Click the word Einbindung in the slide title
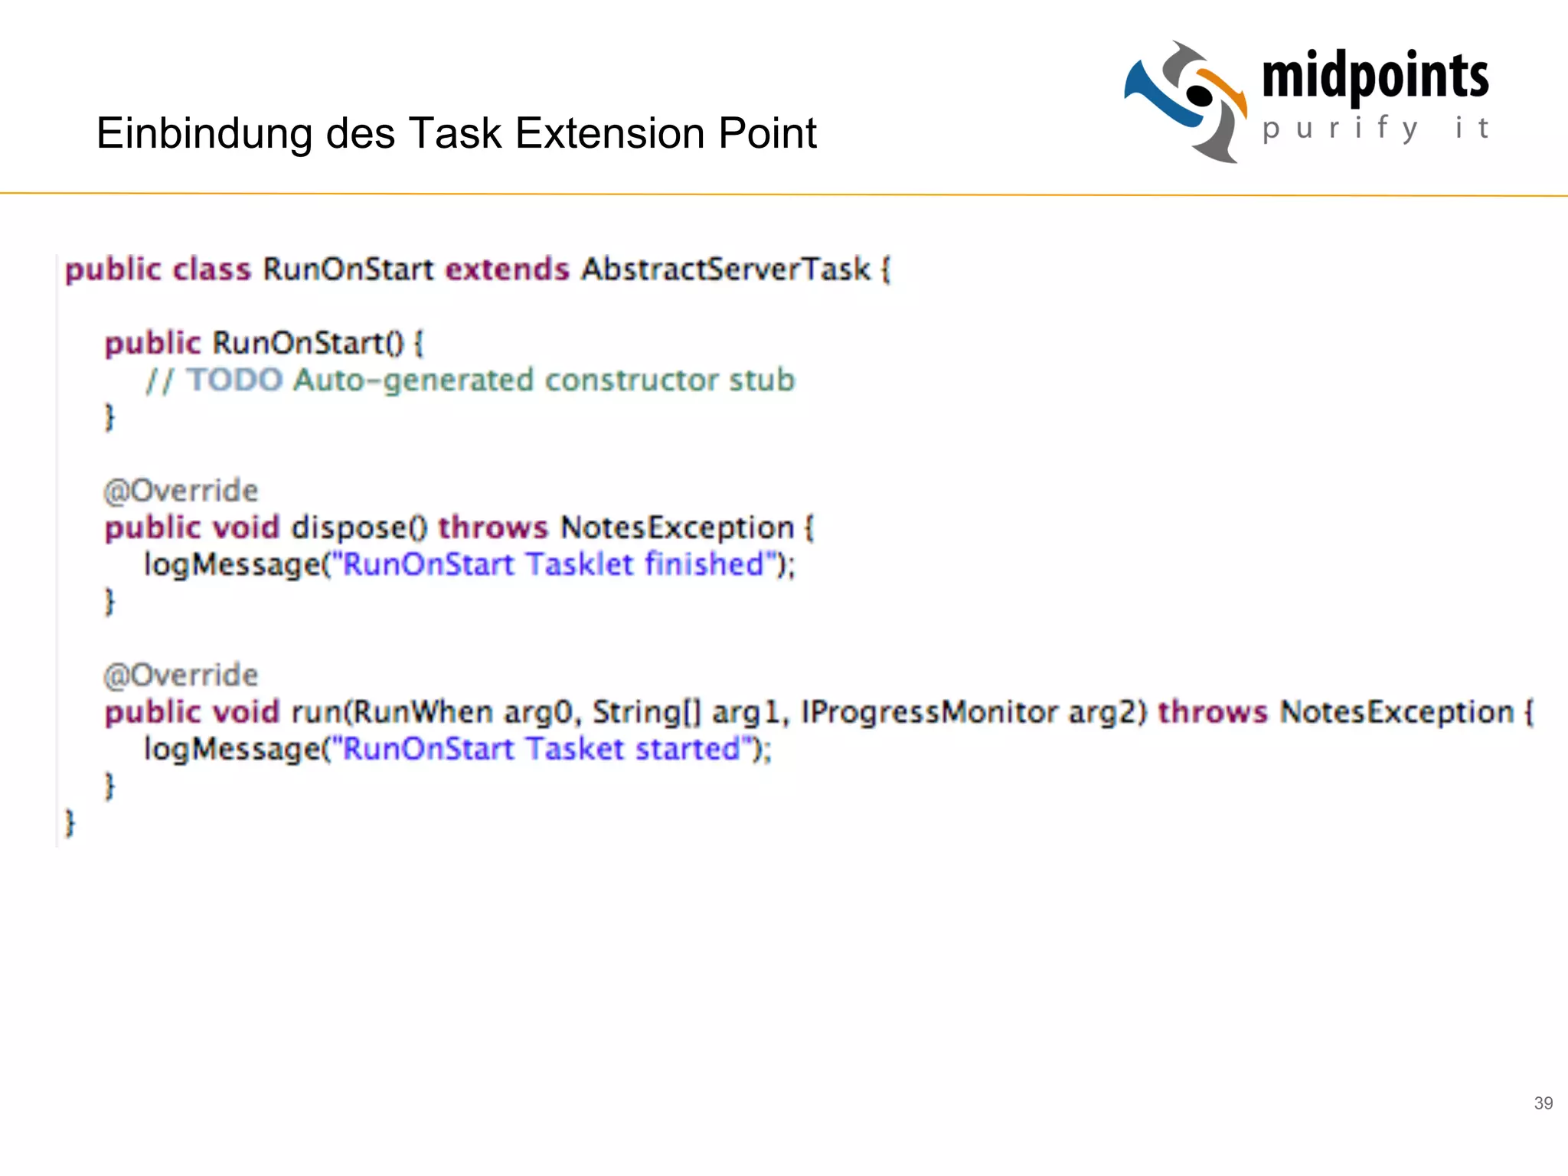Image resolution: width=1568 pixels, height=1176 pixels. [x=204, y=134]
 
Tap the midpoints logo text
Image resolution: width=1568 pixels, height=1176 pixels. [x=1375, y=77]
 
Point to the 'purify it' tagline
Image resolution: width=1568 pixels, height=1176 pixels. [x=1375, y=129]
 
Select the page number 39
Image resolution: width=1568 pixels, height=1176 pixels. [x=1543, y=1103]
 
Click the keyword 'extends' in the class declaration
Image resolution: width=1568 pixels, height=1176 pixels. [x=508, y=269]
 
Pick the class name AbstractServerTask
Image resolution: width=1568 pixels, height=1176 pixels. [x=726, y=269]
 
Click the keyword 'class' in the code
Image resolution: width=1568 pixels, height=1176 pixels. [x=211, y=269]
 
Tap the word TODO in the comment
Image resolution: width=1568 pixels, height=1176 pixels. [x=235, y=381]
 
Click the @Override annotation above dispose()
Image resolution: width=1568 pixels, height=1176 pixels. [x=181, y=491]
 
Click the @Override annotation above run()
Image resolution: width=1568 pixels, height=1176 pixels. [x=181, y=675]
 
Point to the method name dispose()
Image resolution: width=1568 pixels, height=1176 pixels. [x=358, y=528]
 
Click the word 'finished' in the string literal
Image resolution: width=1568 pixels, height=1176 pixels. [x=704, y=565]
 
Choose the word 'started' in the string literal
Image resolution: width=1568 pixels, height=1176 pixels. [x=688, y=749]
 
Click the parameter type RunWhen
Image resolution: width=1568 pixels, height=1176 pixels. [x=423, y=712]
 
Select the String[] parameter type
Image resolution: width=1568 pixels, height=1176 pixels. [x=647, y=712]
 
